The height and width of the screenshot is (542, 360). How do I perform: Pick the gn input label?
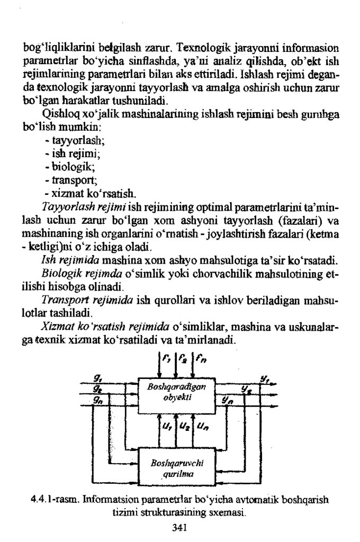98,401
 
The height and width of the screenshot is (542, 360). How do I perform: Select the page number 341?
180,527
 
